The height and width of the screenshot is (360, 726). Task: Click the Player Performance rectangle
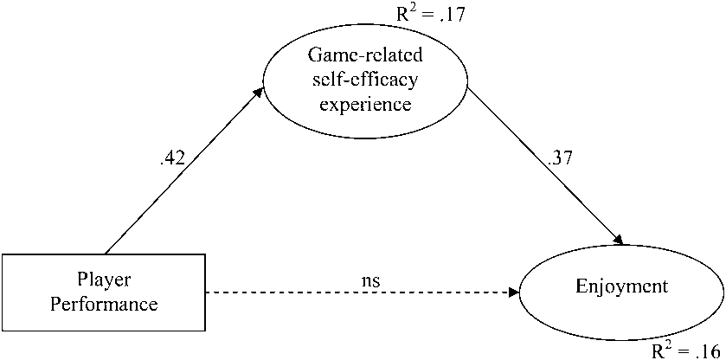click(x=104, y=292)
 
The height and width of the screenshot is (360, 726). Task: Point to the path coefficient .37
click(x=560, y=157)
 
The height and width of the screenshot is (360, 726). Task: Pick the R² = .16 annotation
click(x=688, y=350)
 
